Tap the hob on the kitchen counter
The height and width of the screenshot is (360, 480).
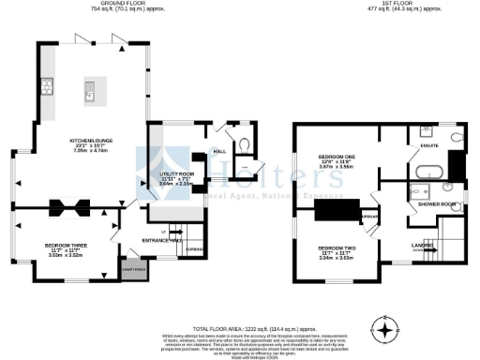pos(47,90)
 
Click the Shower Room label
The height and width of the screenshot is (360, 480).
pos(436,203)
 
